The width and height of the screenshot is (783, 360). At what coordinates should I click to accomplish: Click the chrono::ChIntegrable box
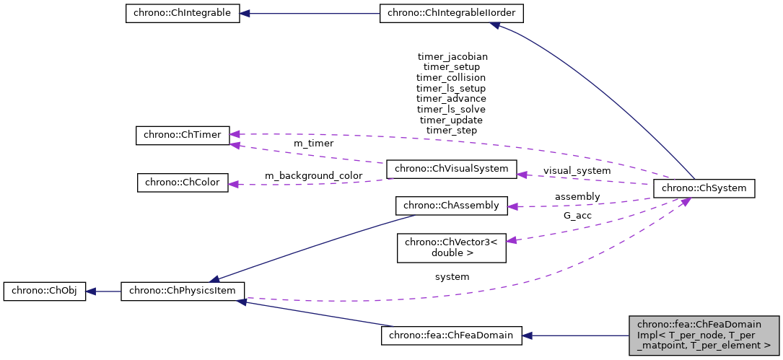coord(182,14)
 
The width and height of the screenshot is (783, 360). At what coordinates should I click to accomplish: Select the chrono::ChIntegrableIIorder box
coord(451,14)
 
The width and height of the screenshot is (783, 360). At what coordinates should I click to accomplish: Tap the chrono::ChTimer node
coord(183,135)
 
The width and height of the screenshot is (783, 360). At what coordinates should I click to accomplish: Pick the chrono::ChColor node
coord(183,183)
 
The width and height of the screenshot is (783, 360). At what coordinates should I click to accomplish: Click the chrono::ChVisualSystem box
coord(451,170)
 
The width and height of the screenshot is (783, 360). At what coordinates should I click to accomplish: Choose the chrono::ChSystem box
coord(704,189)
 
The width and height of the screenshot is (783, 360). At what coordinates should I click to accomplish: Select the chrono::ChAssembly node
coord(452,206)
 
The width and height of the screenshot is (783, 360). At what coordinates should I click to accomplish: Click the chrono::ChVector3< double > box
coord(452,247)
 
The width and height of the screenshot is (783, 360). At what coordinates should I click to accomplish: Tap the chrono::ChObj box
coord(45,291)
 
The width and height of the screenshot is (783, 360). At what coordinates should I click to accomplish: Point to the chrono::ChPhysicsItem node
coord(183,291)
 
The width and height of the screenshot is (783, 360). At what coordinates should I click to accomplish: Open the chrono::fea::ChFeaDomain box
coord(451,335)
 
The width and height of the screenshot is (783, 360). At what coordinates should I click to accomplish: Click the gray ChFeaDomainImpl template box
coord(704,335)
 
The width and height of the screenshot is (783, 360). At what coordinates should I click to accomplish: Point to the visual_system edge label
coord(577,171)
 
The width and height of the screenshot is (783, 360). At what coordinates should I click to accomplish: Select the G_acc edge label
coord(577,215)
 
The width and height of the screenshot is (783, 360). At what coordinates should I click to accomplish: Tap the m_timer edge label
coord(313,144)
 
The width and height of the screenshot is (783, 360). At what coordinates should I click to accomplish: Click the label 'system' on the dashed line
coord(452,276)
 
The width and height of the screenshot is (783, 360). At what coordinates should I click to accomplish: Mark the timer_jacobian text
coord(452,56)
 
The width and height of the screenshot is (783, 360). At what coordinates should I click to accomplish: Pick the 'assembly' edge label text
coord(577,196)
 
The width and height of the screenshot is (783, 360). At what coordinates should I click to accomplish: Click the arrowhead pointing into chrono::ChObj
coord(91,291)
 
